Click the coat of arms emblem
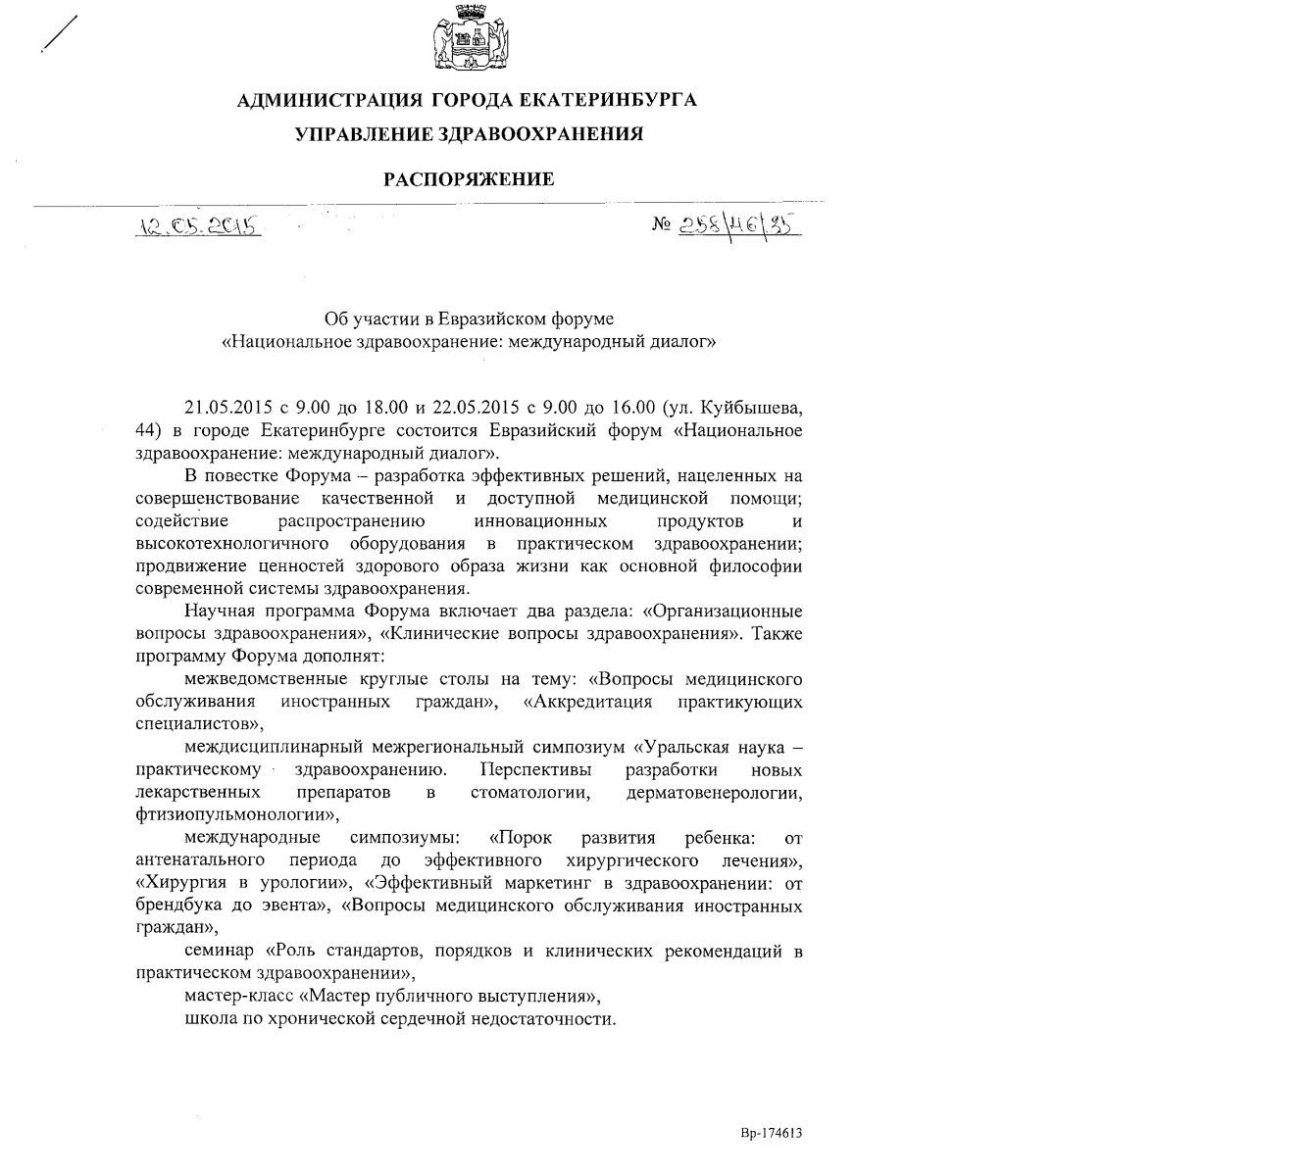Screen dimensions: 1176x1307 point(467,41)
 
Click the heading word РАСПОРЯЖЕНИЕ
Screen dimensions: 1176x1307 point(468,179)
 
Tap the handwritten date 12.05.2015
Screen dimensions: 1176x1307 point(199,226)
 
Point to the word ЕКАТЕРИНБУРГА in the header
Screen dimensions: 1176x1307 point(605,100)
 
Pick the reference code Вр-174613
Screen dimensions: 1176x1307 point(772,1133)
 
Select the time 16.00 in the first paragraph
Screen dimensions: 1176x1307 point(628,408)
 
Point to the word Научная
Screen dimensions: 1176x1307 point(217,612)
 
